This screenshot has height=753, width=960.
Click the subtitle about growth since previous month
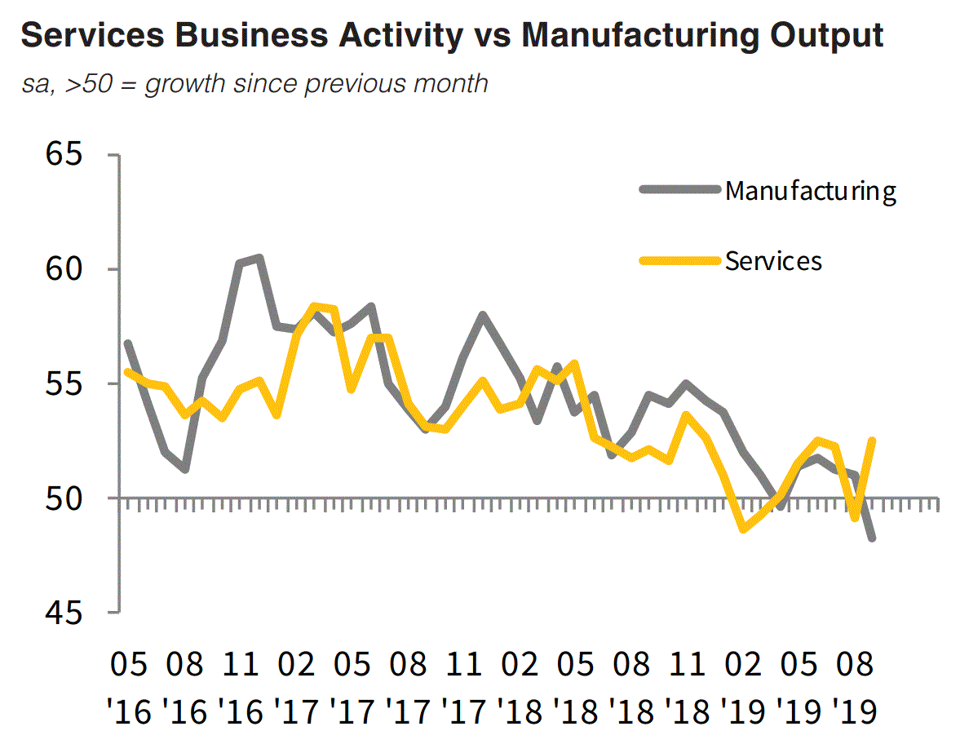(x=255, y=82)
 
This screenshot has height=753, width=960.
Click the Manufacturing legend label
(x=811, y=191)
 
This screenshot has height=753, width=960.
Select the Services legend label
(x=773, y=260)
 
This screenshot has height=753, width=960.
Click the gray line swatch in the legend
(x=681, y=190)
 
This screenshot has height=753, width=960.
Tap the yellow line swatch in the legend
(x=681, y=260)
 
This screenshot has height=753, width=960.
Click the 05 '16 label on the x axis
(x=129, y=687)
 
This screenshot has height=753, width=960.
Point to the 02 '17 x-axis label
(x=297, y=687)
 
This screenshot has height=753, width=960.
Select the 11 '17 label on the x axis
(x=464, y=687)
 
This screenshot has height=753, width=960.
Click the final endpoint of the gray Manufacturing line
(x=872, y=538)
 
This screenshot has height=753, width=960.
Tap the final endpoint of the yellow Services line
(x=872, y=441)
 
